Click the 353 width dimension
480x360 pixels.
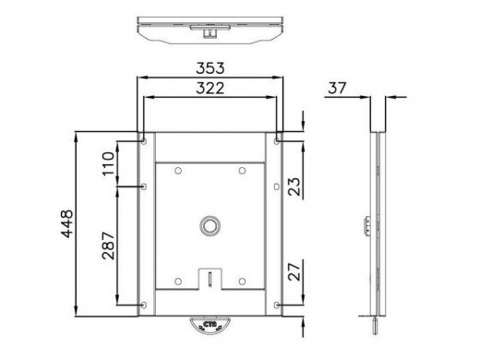210,68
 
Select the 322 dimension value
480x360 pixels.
210,89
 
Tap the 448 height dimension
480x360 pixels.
67,223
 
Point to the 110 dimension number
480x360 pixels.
108,163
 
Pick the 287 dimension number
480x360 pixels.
108,246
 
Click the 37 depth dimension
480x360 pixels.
337,88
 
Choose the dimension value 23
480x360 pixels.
294,186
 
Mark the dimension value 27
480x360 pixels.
294,271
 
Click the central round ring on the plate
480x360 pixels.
210,226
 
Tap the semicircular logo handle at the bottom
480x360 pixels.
210,324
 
